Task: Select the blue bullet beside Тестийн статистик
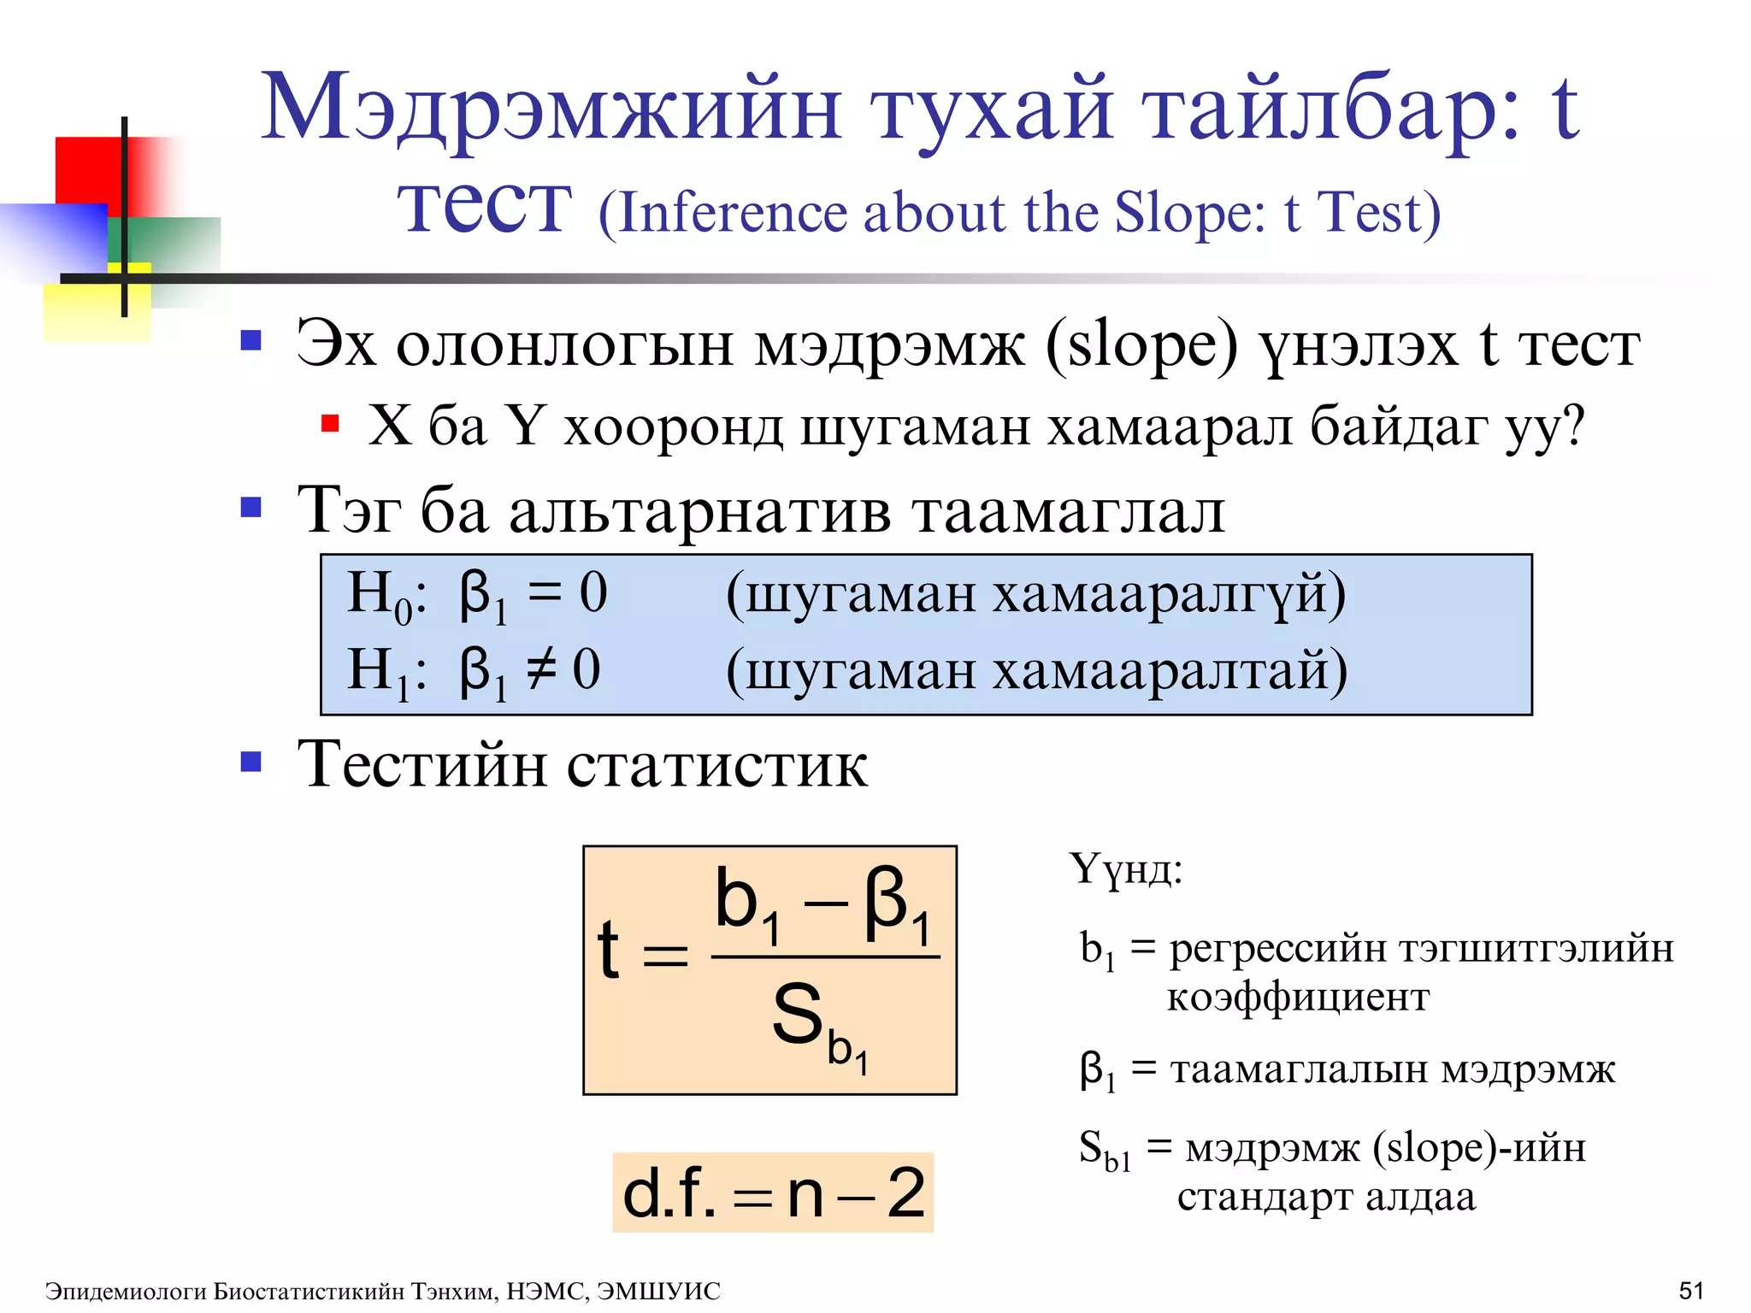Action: pyautogui.click(x=251, y=761)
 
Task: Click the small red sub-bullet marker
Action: pyautogui.click(x=330, y=424)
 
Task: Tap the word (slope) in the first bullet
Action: pyautogui.click(x=1141, y=347)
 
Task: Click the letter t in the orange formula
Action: pyautogui.click(x=608, y=951)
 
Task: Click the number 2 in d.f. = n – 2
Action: pyautogui.click(x=905, y=1193)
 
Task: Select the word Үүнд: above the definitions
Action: pyautogui.click(x=1125, y=869)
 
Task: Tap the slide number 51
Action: pyautogui.click(x=1690, y=1290)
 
